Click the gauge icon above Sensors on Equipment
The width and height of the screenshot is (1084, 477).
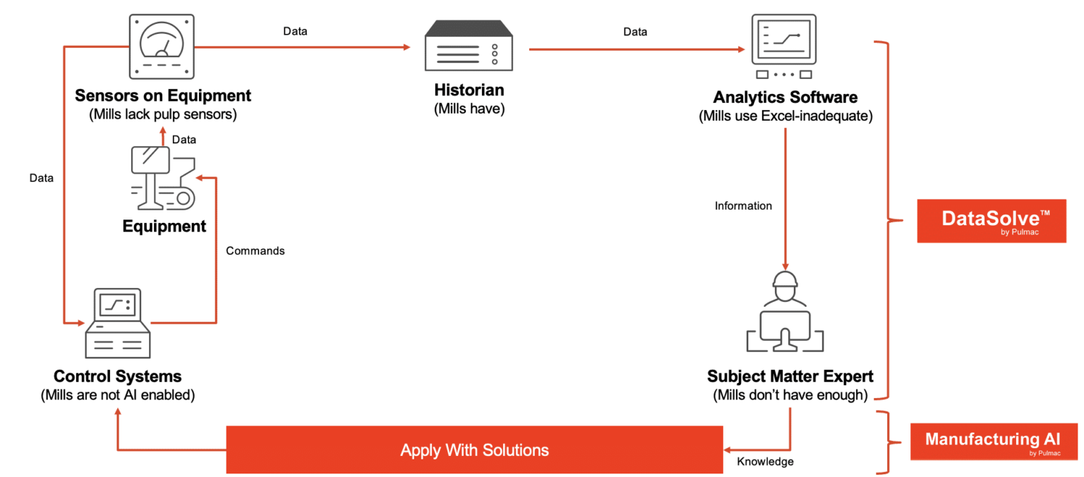point(162,47)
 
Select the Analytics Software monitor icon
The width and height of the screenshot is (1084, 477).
point(784,47)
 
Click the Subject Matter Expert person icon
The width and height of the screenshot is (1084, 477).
point(785,310)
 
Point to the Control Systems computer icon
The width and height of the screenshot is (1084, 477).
point(117,325)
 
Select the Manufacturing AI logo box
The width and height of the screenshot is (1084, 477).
point(993,442)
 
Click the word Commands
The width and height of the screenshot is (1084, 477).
point(255,250)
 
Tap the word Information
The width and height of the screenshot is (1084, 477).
point(743,206)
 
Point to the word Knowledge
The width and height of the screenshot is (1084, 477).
point(765,462)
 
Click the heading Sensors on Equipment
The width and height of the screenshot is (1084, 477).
point(163,95)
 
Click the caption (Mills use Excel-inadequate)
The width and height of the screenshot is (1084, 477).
point(785,116)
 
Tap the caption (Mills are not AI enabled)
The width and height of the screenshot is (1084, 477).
point(117,395)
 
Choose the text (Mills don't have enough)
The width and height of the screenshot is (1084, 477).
point(790,395)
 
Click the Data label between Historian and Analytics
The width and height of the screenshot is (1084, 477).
point(635,32)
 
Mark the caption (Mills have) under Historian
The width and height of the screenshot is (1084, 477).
point(469,110)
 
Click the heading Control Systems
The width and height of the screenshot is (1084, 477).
point(118,376)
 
